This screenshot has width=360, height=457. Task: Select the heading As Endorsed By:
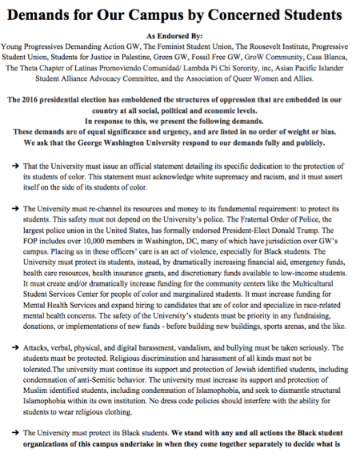pyautogui.click(x=179, y=37)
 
